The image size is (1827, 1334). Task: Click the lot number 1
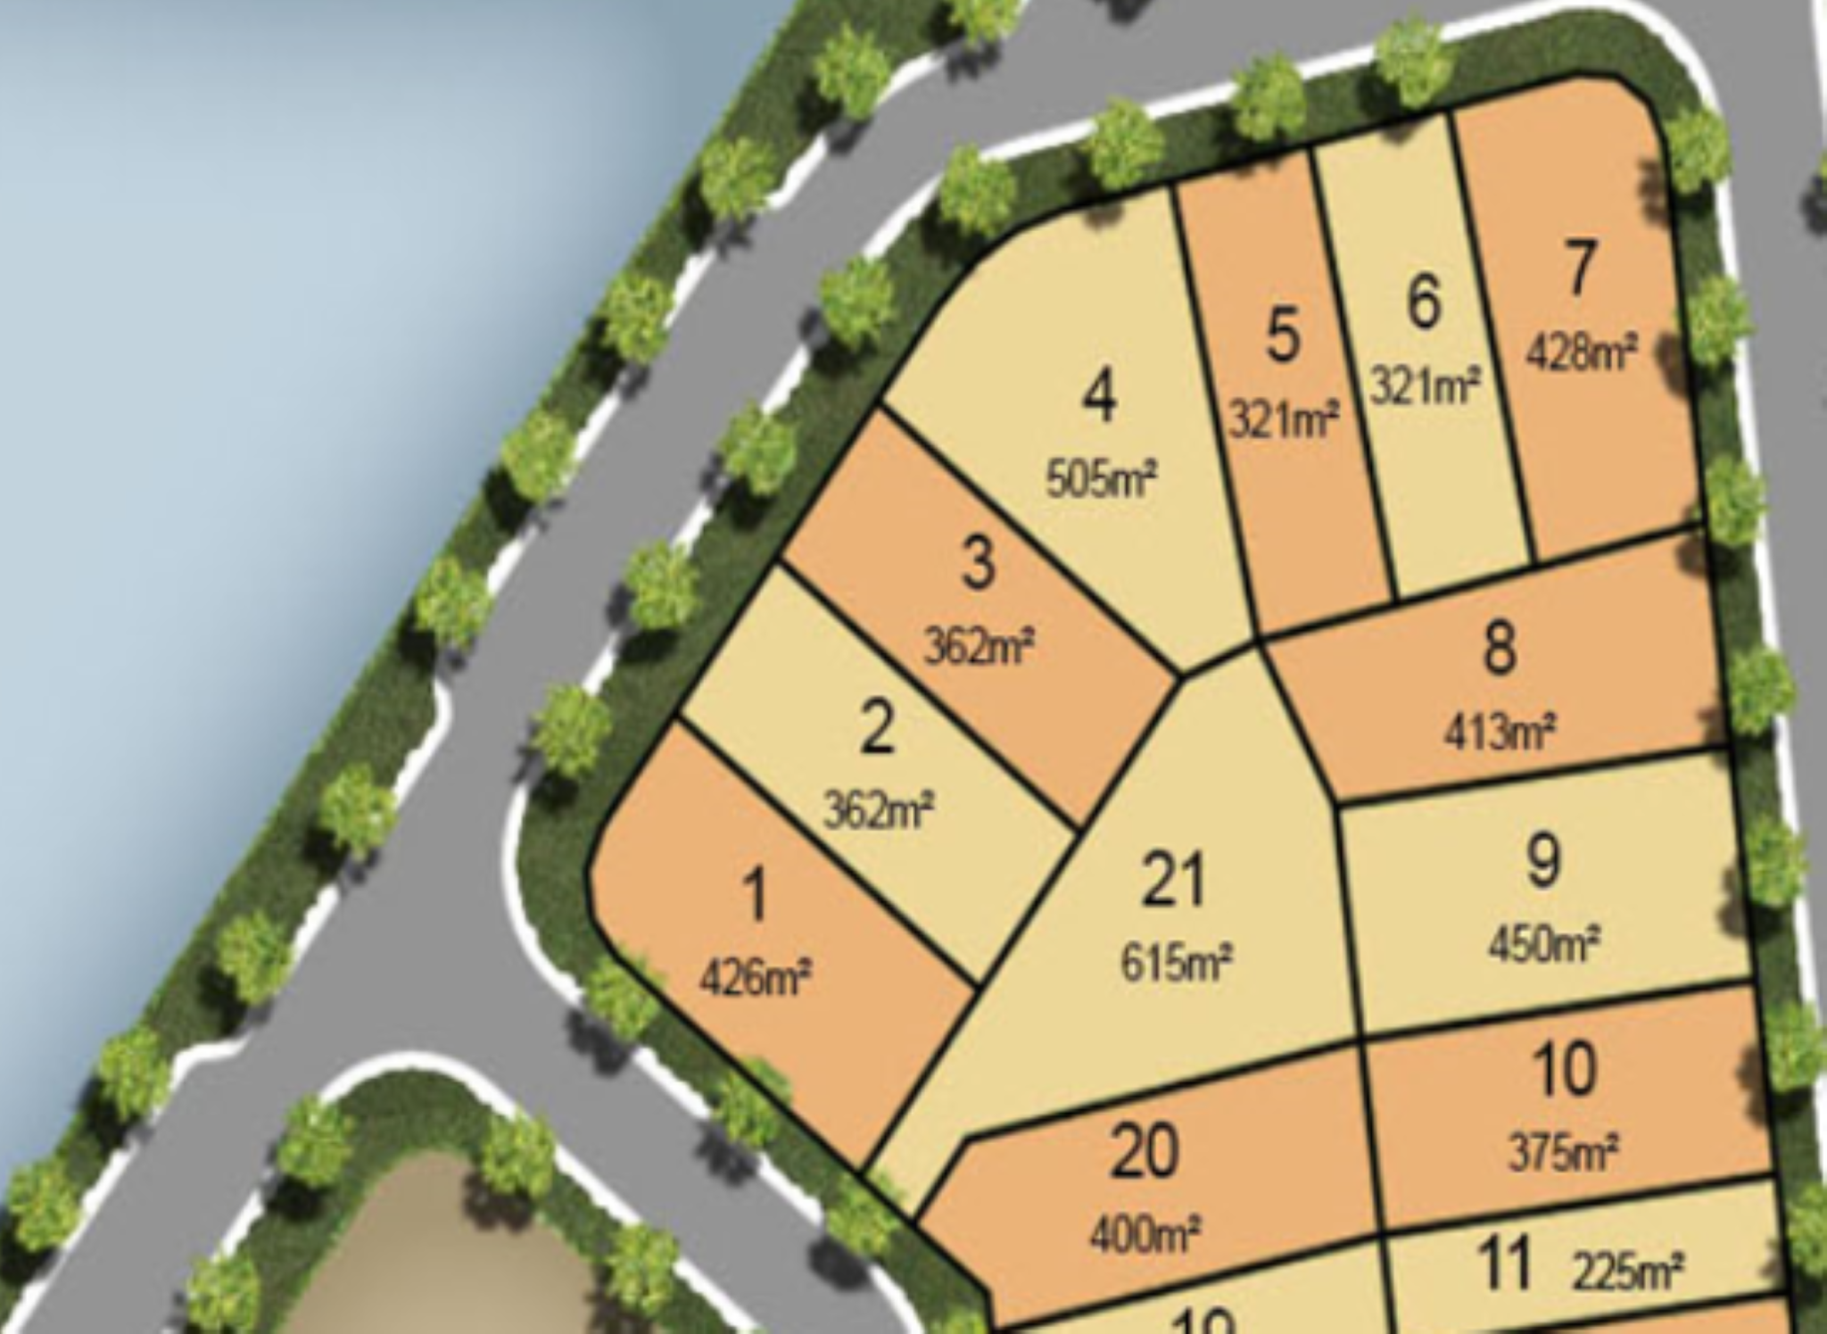[755, 896]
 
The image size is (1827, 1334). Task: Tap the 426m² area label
[756, 978]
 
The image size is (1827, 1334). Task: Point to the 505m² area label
[1101, 479]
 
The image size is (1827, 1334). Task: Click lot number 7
[1579, 268]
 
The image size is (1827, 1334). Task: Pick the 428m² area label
[1581, 352]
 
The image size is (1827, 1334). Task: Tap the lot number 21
[1173, 879]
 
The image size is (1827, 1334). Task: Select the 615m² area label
[1177, 962]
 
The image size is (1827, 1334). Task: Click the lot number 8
[1499, 649]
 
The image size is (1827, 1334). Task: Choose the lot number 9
[1543, 861]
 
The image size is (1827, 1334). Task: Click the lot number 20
[1145, 1152]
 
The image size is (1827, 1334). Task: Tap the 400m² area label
[1145, 1236]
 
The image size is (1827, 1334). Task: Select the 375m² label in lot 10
[1564, 1152]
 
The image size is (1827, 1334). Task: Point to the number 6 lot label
[1424, 302]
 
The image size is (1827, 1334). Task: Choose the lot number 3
[978, 564]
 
